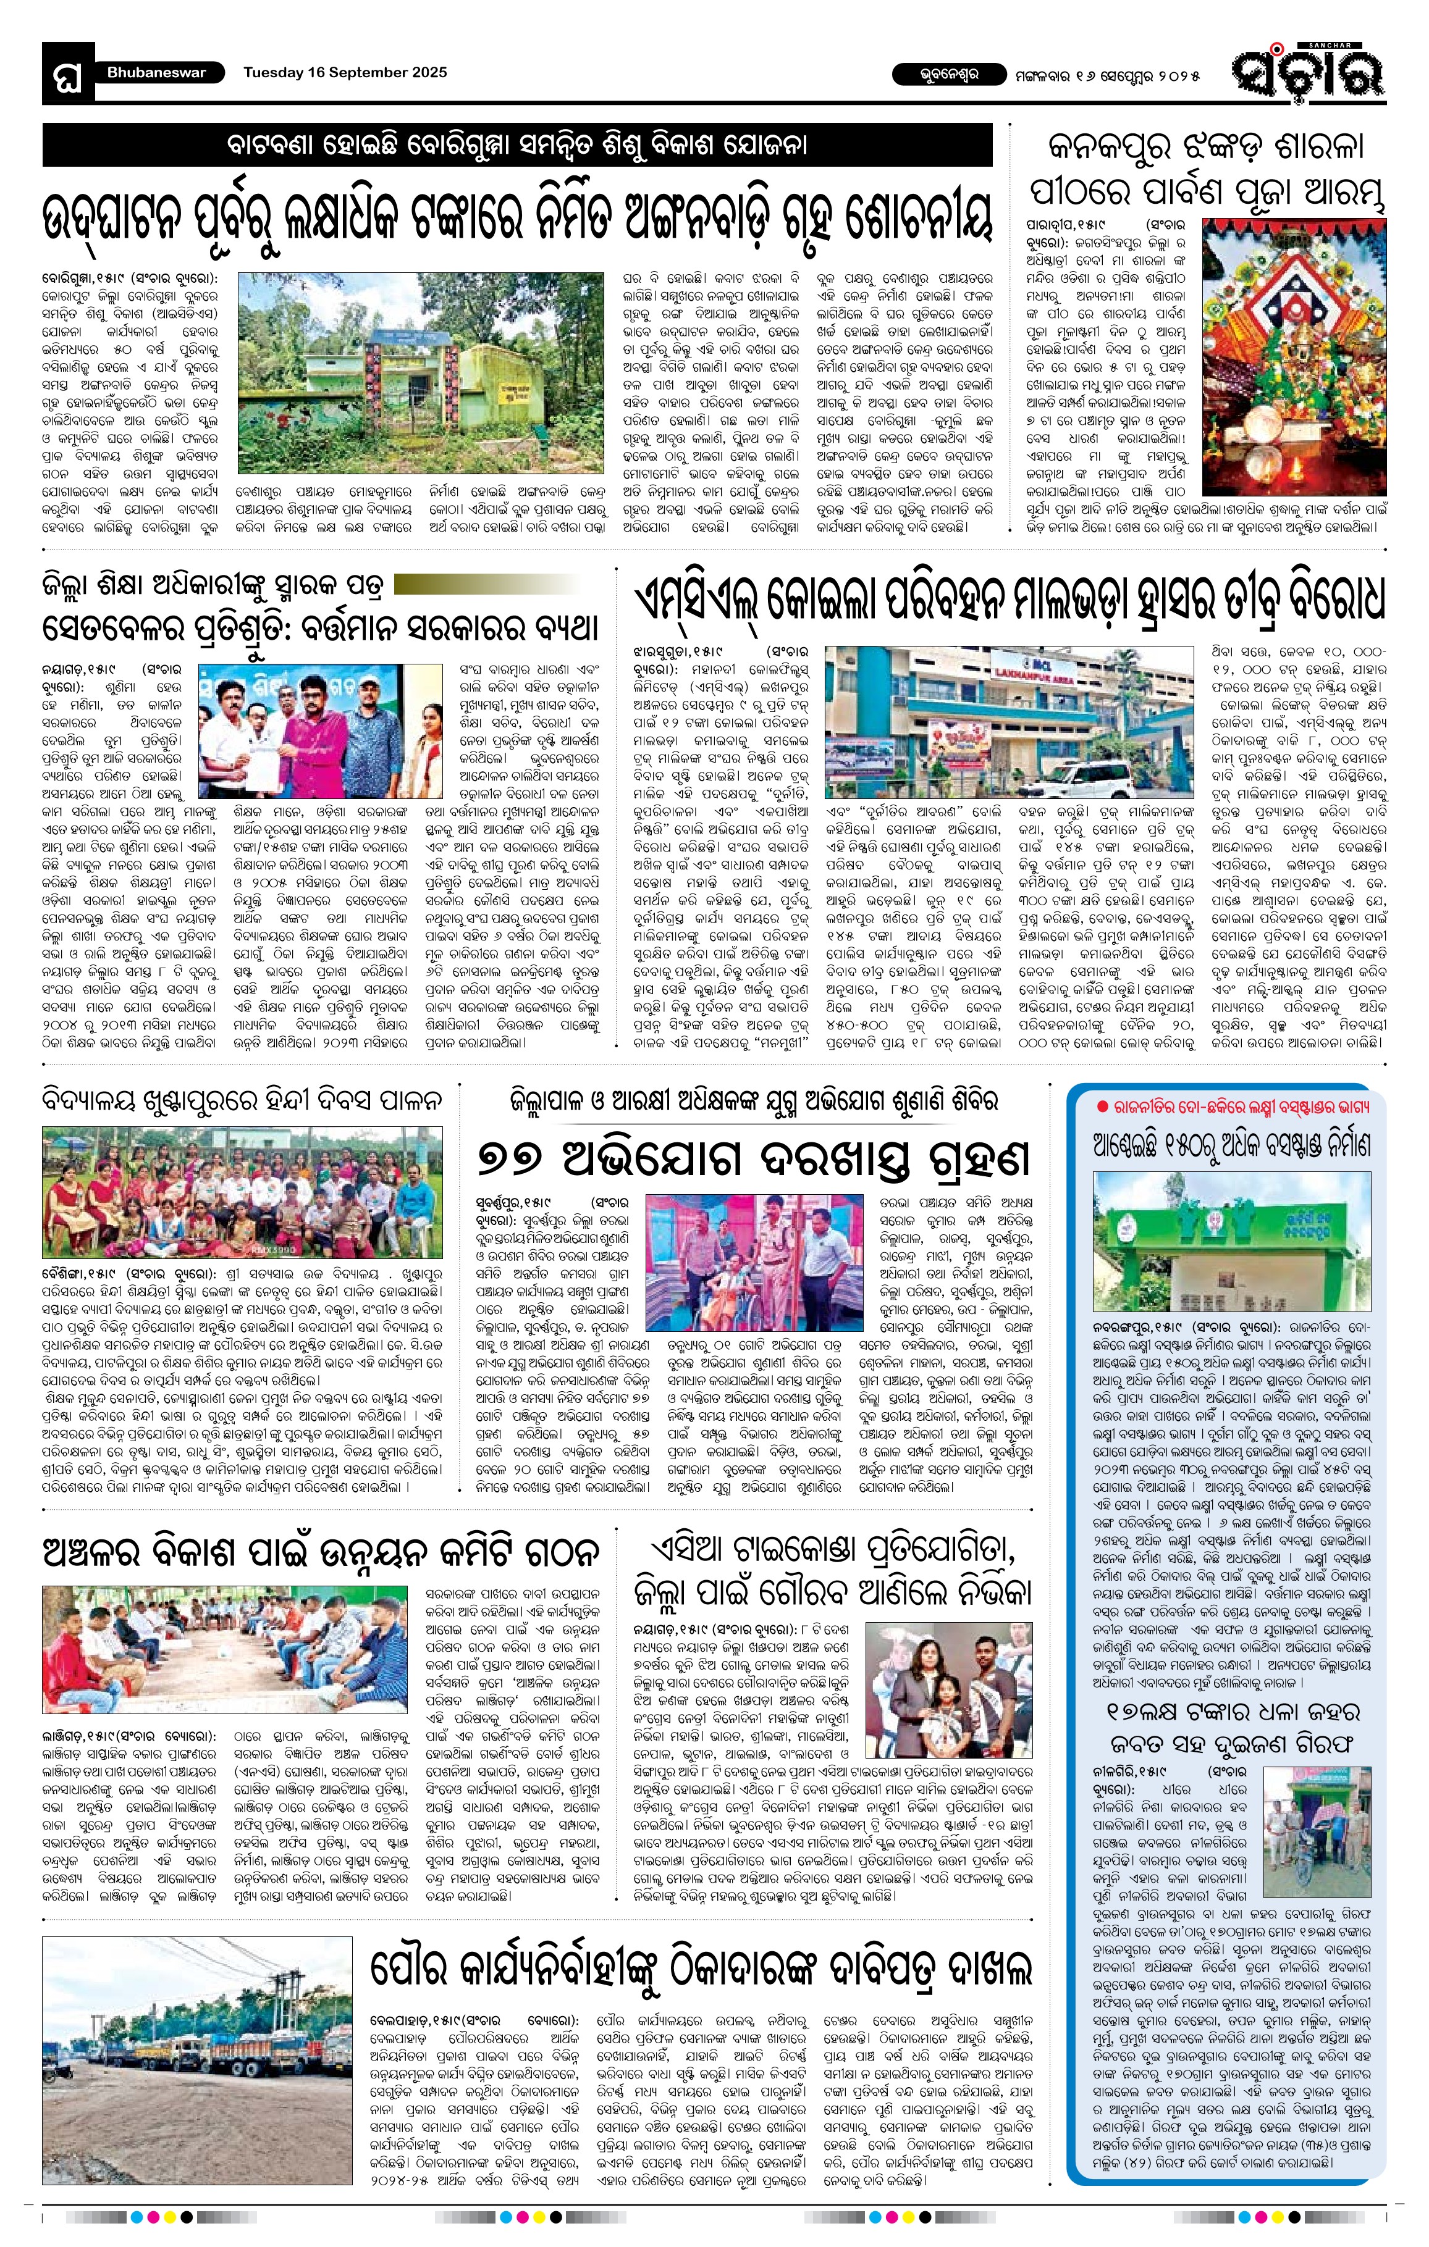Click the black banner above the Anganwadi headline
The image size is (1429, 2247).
517,146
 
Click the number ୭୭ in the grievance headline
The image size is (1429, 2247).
512,1160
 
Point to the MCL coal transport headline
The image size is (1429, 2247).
1009,599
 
